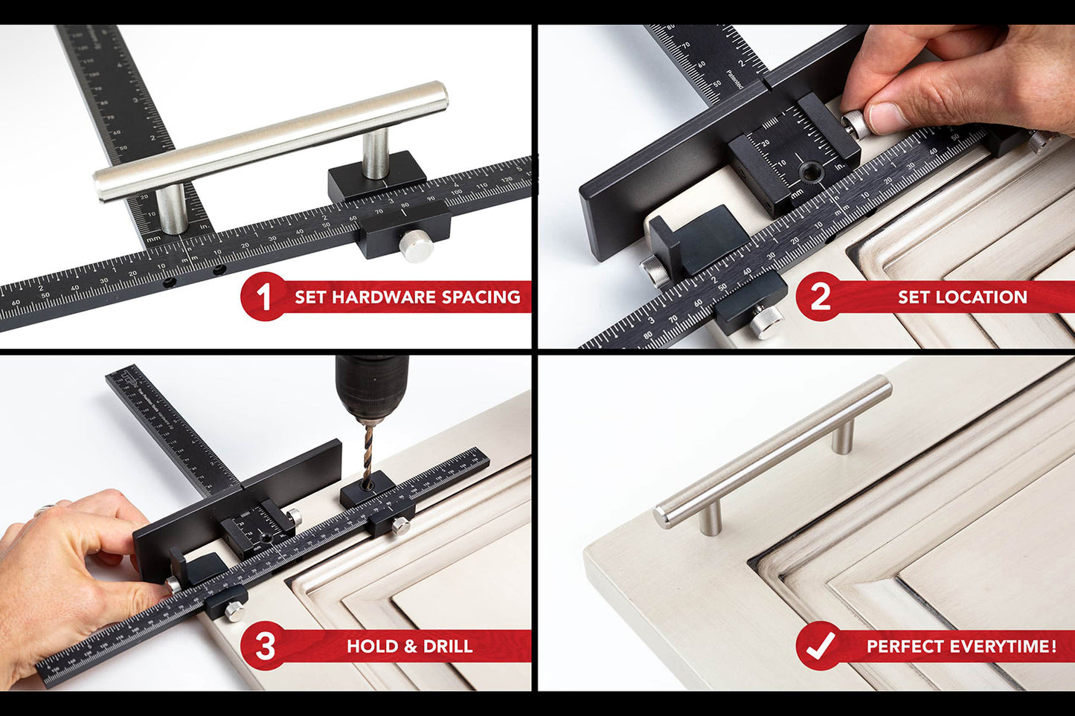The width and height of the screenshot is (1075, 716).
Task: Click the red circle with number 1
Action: point(263,297)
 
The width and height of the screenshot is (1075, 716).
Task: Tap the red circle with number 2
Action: point(820,297)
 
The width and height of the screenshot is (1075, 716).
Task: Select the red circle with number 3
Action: point(265,645)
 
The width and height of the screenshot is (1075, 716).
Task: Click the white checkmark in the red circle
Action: point(821,645)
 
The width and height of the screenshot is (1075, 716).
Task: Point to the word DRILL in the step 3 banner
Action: point(448,646)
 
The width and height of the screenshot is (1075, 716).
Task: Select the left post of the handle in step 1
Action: point(172,209)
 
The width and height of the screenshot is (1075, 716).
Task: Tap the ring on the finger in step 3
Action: point(43,510)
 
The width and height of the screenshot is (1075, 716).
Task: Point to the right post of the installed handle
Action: point(843,436)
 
